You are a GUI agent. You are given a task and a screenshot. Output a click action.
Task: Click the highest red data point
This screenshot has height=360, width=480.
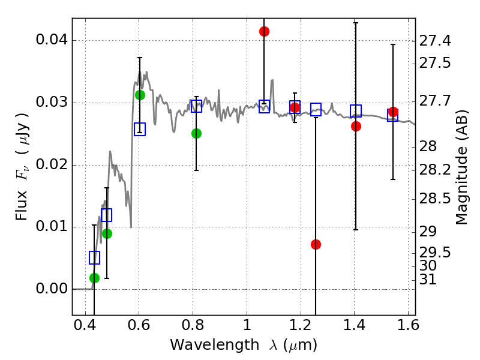tap(264, 31)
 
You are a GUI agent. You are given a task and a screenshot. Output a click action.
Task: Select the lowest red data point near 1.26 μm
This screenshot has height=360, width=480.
tap(316, 244)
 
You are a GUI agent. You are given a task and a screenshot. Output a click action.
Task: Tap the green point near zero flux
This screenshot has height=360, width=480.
tap(94, 278)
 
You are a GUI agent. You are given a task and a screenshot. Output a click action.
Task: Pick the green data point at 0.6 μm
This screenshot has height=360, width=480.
tap(140, 95)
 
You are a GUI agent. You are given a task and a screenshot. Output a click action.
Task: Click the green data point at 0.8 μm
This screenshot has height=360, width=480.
tap(196, 133)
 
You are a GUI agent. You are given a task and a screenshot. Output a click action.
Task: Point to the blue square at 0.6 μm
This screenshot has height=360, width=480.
tap(140, 130)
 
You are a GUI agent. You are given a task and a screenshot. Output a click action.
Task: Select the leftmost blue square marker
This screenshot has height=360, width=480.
tap(94, 257)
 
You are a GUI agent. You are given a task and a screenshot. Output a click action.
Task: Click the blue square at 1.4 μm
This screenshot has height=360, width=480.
tap(356, 111)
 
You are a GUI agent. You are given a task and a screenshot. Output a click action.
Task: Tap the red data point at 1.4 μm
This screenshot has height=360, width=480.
tap(356, 126)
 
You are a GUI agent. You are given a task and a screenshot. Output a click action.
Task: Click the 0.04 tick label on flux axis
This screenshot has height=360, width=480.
tap(53, 41)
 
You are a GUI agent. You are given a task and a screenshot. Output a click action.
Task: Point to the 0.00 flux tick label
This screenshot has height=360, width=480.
tap(53, 289)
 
